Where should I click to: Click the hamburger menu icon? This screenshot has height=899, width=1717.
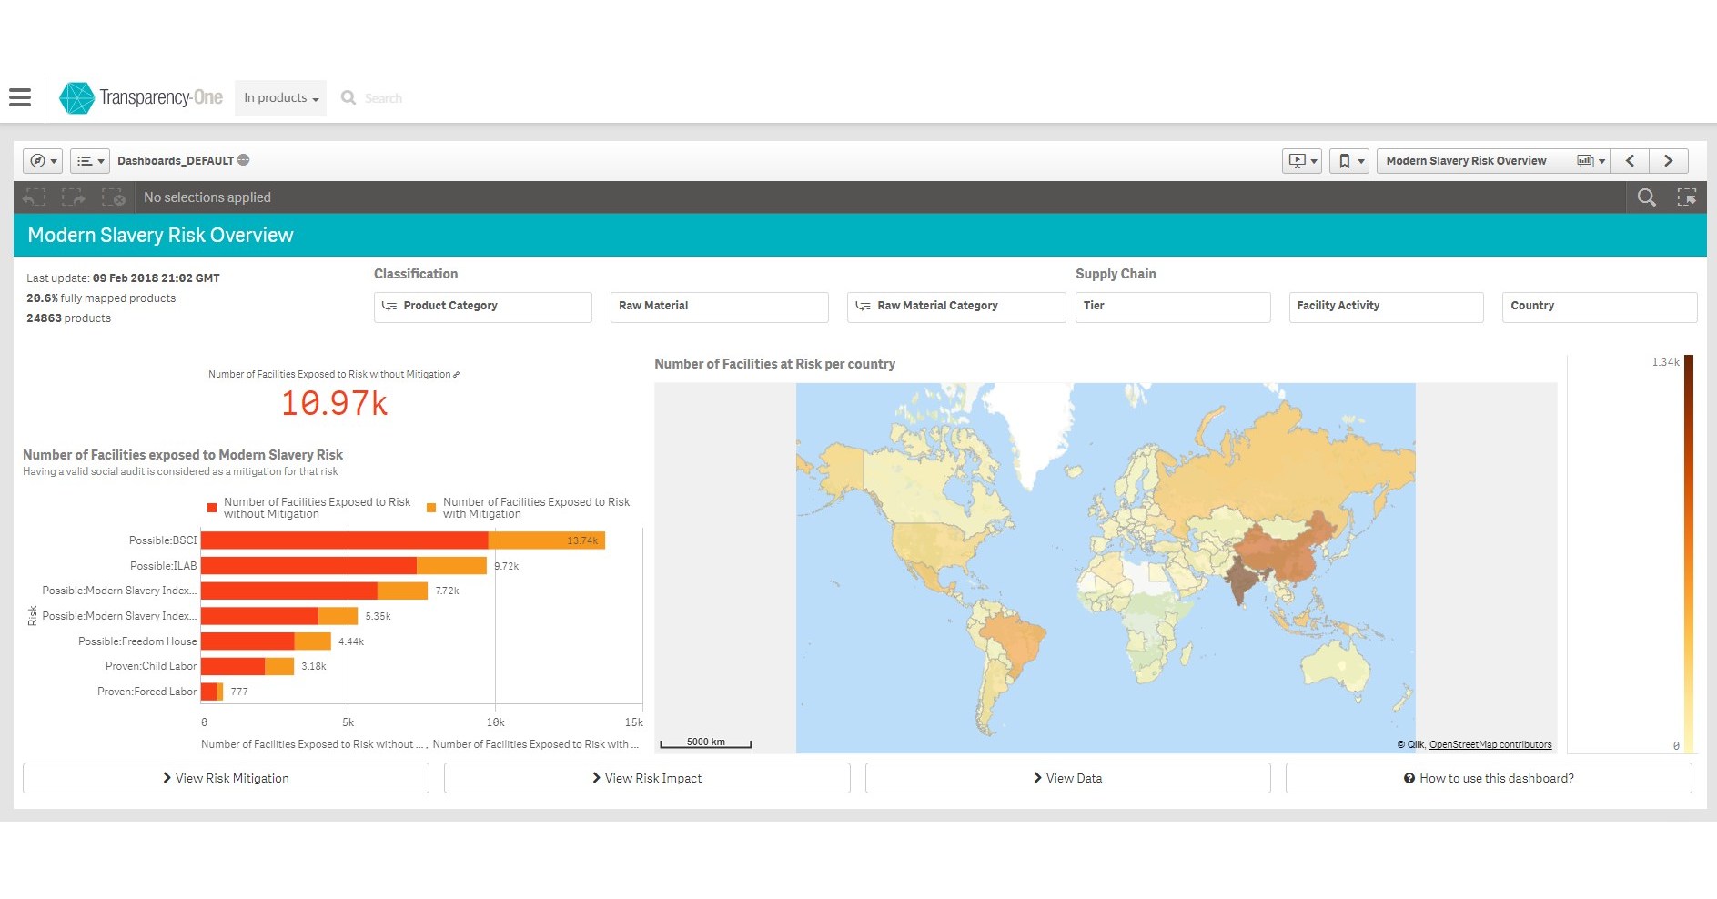20,97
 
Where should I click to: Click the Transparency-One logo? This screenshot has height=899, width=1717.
141,97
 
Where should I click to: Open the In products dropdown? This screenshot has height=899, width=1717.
280,98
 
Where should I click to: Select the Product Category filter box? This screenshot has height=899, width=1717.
482,306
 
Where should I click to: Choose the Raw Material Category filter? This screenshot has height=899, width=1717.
955,306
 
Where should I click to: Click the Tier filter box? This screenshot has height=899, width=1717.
1172,306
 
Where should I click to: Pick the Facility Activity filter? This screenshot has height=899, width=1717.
1385,306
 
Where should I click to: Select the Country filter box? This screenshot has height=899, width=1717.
1598,306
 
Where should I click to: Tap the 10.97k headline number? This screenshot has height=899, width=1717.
334,403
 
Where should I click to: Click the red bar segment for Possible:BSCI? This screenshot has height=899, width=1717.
344,540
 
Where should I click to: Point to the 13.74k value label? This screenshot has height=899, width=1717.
582,540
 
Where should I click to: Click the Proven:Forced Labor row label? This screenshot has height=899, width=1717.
146,692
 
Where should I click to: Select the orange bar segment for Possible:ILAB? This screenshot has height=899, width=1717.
451,566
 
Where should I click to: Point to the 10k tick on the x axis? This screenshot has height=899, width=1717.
495,722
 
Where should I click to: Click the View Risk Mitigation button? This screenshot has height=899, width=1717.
226,778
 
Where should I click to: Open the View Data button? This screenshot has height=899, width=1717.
1067,778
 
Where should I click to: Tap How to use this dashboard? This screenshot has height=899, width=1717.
1489,778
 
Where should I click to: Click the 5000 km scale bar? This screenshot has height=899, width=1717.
705,742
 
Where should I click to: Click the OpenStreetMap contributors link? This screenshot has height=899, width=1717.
1490,744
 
